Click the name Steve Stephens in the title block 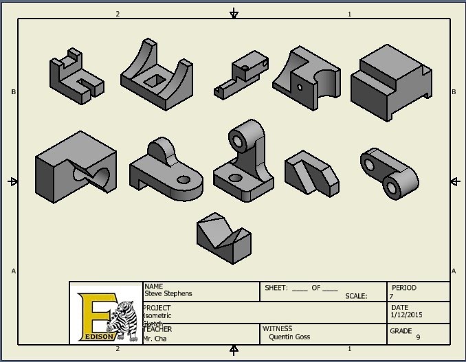pyautogui.click(x=168, y=294)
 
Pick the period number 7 pyautogui.click(x=392, y=296)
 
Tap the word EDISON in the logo pyautogui.click(x=98, y=337)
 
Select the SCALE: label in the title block pyautogui.click(x=355, y=296)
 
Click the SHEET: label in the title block pyautogui.click(x=276, y=288)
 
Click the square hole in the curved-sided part pyautogui.click(x=153, y=80)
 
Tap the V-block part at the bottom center pyautogui.click(x=223, y=236)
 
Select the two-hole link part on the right pyautogui.click(x=389, y=172)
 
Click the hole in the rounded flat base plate pyautogui.click(x=184, y=180)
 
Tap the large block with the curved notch pyautogui.click(x=76, y=169)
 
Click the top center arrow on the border pyautogui.click(x=234, y=13)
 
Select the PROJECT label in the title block pyautogui.click(x=157, y=308)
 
